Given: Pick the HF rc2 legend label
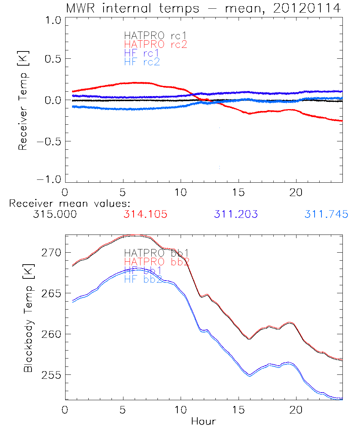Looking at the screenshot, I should [x=142, y=62].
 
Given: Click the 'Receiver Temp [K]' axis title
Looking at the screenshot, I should [x=23, y=100].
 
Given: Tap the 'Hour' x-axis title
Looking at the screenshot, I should [x=203, y=422].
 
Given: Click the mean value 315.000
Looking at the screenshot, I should [x=55, y=215].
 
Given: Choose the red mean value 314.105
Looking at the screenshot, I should [x=145, y=215].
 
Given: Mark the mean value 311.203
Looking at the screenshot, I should [x=236, y=215].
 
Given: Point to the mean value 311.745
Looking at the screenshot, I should [x=326, y=215].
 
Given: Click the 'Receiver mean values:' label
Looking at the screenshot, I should [x=70, y=203].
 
